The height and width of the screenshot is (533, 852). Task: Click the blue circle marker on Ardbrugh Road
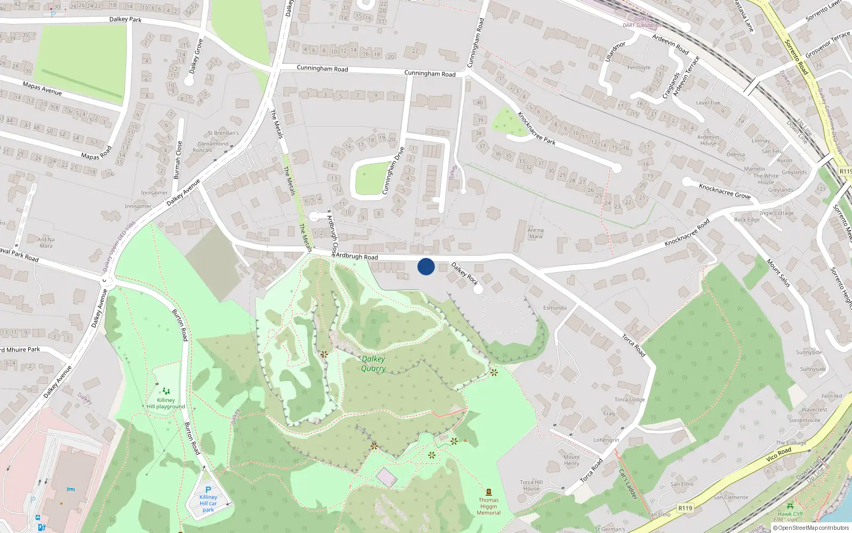426,266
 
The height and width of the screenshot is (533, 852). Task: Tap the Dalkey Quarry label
373,364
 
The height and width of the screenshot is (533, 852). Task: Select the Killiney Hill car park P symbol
208,489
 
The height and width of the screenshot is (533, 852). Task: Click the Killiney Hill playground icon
166,391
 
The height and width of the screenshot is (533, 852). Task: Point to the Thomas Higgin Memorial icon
489,492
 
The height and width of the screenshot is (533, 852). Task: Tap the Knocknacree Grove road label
725,191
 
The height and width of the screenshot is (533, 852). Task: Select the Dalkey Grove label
196,56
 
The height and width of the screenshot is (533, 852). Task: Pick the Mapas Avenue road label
42,88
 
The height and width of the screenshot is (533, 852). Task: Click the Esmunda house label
555,308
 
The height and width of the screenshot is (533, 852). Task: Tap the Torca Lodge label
629,400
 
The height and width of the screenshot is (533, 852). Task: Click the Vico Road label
779,454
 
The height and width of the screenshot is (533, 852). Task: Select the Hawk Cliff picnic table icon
790,506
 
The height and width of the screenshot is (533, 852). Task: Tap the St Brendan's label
223,133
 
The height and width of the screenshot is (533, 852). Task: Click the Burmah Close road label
179,160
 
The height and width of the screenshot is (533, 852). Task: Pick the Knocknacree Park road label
537,128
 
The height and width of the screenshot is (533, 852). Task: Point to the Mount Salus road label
779,273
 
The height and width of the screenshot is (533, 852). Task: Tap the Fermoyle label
639,68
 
